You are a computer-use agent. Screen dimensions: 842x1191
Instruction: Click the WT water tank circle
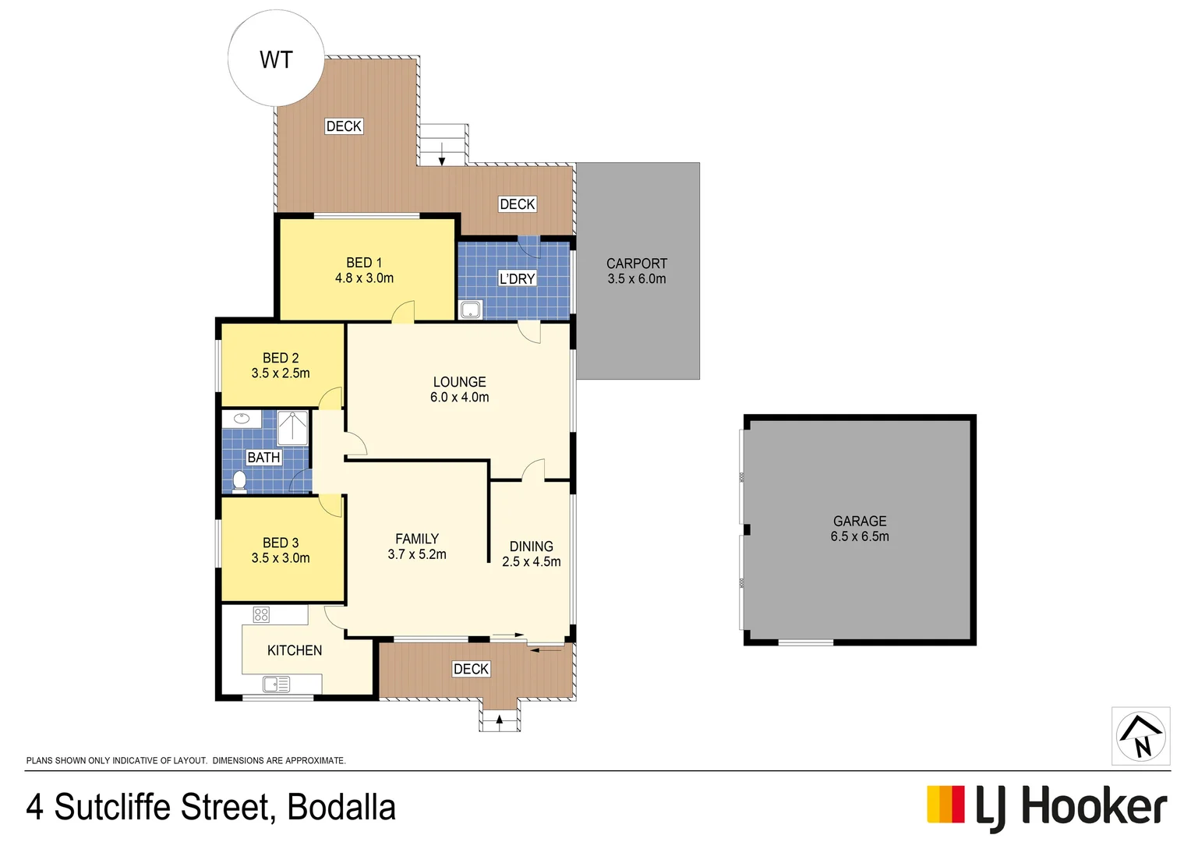click(276, 59)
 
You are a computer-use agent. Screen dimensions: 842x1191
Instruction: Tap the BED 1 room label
click(364, 263)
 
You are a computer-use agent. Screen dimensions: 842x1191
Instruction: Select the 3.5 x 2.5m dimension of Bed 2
click(281, 373)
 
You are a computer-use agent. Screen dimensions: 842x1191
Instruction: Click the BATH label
click(263, 458)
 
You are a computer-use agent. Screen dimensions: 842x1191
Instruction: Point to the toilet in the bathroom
click(239, 482)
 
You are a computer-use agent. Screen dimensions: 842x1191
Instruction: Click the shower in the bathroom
click(293, 428)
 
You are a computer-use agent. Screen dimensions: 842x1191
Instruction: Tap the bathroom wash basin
click(241, 419)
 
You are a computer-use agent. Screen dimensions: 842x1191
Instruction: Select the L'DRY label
click(517, 278)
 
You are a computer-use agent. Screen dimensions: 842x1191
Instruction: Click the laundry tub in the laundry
click(471, 310)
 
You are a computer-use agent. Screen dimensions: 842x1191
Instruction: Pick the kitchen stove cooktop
click(261, 614)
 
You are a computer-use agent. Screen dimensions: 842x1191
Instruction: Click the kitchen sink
click(276, 685)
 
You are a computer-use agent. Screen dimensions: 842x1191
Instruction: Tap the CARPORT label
click(637, 264)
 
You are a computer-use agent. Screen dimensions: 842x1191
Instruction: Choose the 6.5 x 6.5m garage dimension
click(860, 536)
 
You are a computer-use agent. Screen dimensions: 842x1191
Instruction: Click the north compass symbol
click(1140, 736)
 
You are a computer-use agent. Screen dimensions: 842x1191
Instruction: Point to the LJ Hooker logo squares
click(945, 805)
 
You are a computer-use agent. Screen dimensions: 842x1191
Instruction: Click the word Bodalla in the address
click(341, 808)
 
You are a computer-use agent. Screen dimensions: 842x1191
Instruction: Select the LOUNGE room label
click(459, 382)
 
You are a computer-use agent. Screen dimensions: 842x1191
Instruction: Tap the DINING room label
click(532, 547)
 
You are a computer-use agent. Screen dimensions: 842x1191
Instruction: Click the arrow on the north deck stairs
click(442, 154)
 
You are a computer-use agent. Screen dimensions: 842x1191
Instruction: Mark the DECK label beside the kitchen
click(471, 669)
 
